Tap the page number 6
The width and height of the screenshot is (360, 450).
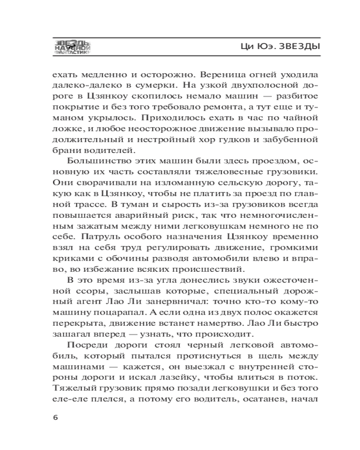(55, 417)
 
